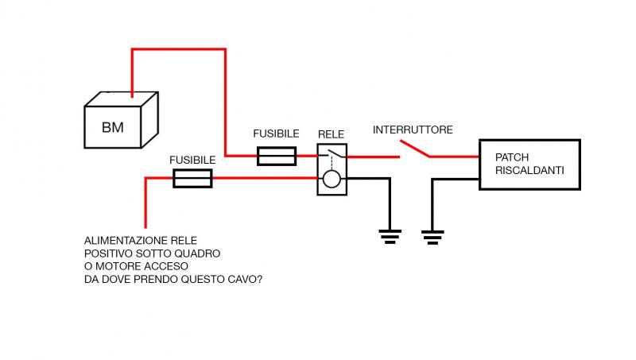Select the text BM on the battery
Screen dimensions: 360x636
pos(113,128)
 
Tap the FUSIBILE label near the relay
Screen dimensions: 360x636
pos(276,134)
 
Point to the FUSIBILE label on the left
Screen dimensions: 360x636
pos(192,160)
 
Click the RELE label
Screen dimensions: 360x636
pos(331,134)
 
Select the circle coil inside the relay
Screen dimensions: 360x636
pos(332,180)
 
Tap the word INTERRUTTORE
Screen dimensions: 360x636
pos(413,130)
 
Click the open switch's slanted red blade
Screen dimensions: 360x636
pos(414,149)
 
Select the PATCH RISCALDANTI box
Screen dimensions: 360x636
pos(528,165)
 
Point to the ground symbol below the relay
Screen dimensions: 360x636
pos(389,234)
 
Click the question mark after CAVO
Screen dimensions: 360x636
pos(261,279)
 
